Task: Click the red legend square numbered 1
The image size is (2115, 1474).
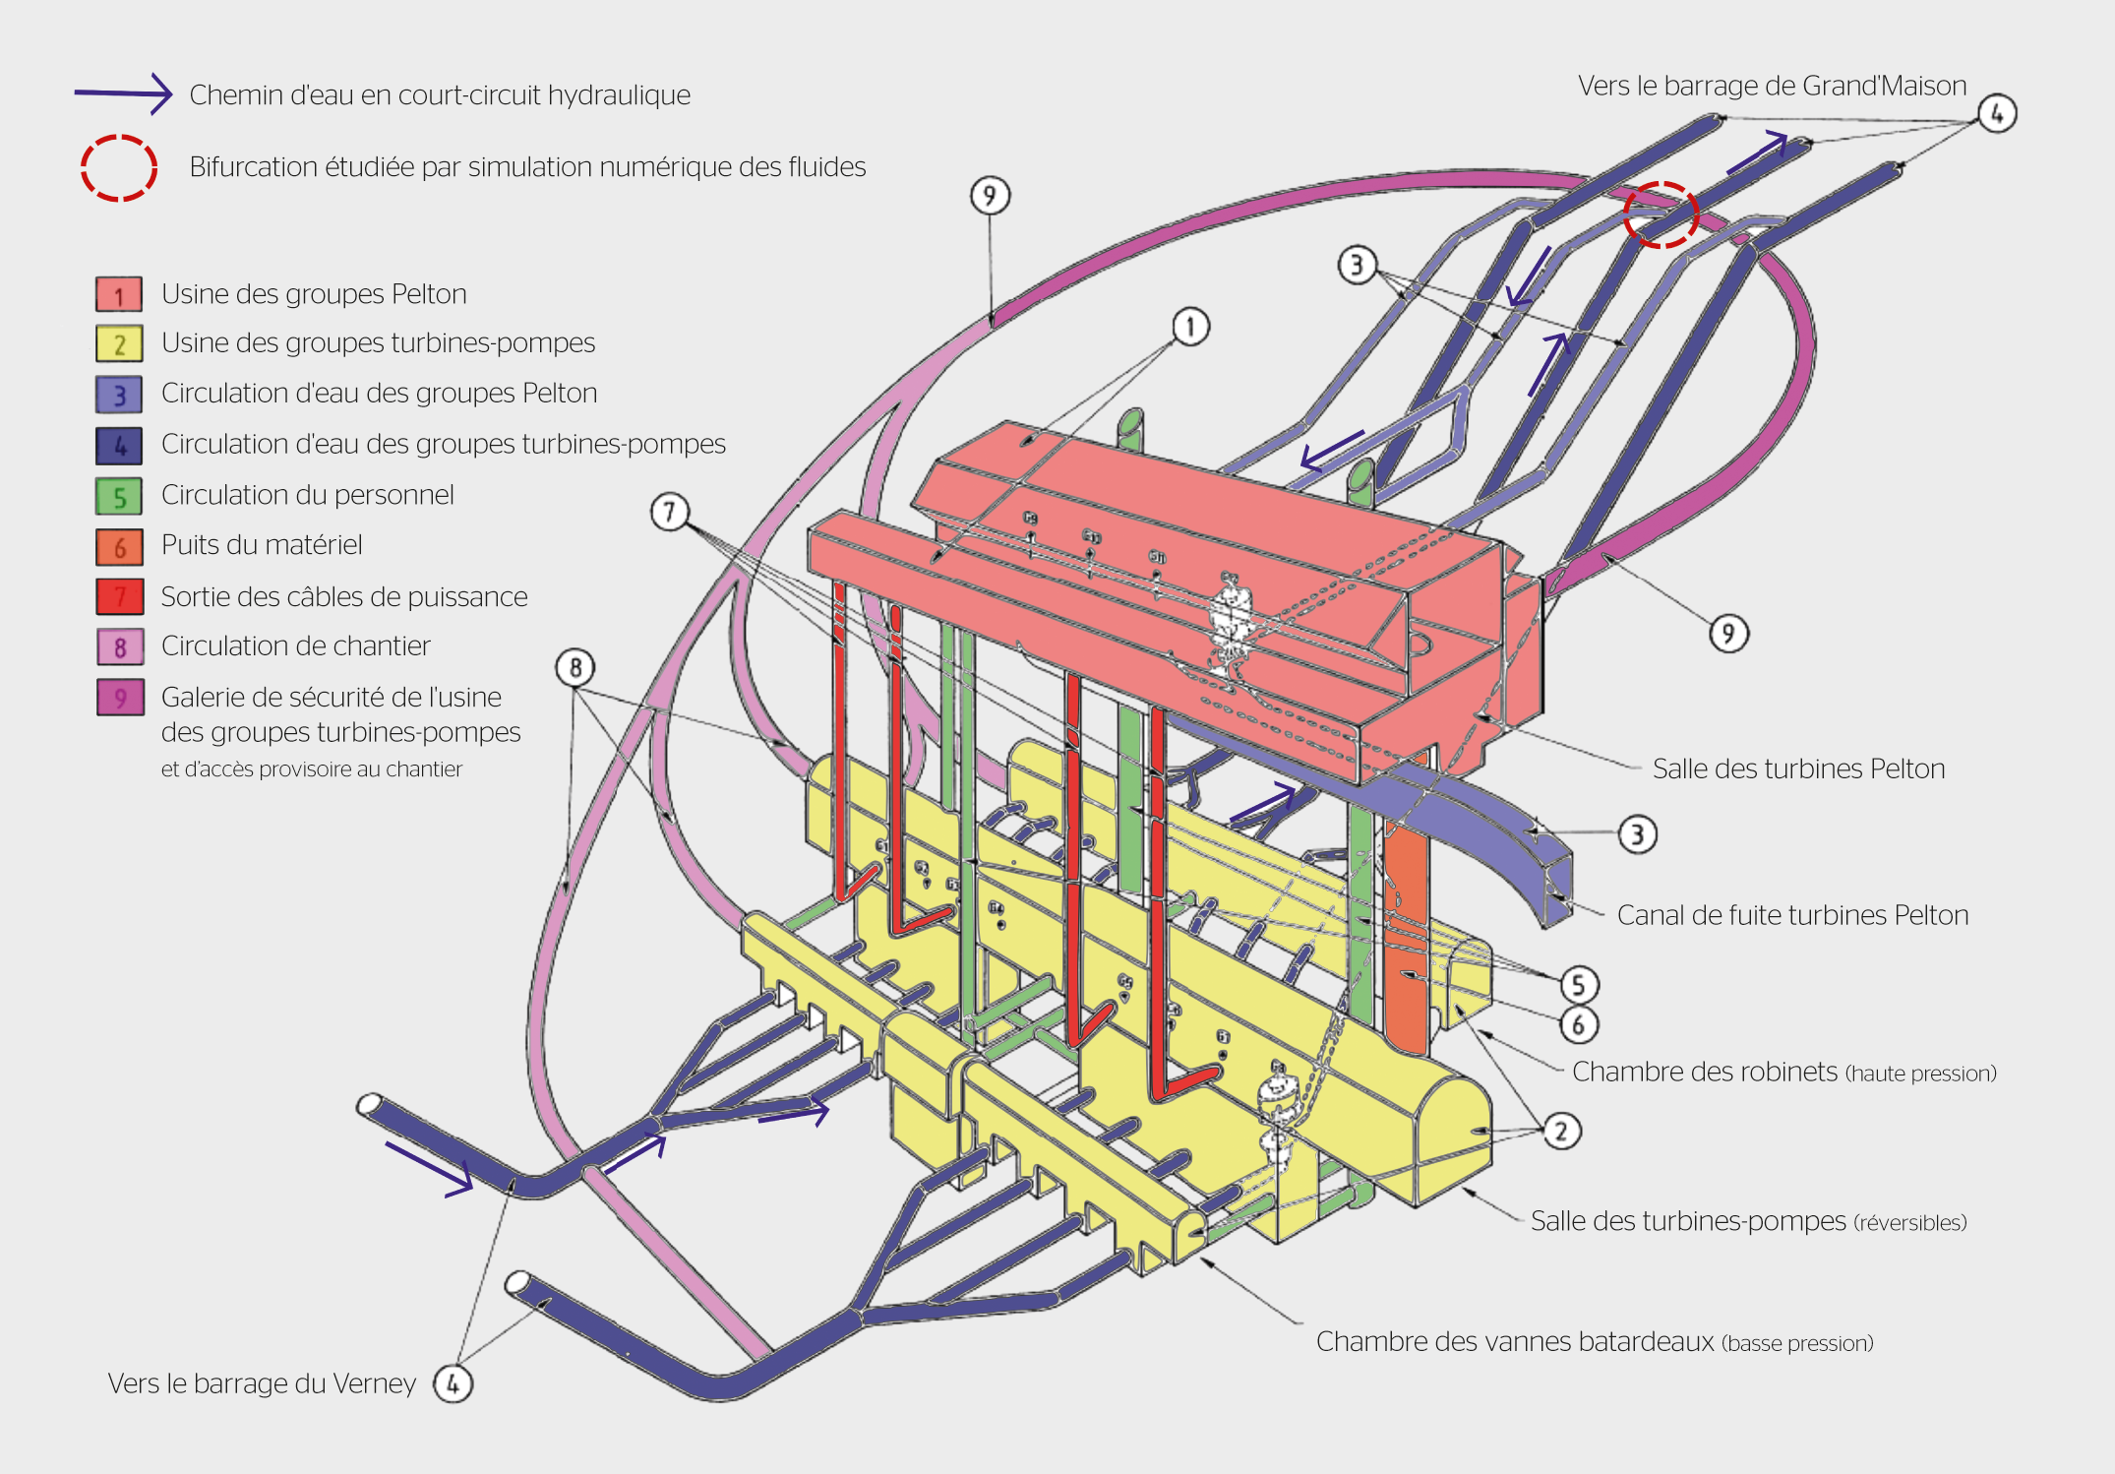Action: (119, 294)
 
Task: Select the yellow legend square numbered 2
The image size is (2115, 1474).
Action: (119, 343)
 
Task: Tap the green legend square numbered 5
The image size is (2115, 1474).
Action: (119, 496)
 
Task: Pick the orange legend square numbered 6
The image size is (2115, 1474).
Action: (119, 546)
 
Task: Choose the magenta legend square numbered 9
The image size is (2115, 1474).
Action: (120, 698)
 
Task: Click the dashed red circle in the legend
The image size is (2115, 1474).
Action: (119, 167)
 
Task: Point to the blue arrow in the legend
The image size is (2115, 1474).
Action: (124, 93)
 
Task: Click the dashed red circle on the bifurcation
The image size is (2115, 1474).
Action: (1661, 214)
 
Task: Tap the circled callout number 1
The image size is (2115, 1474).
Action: (1190, 326)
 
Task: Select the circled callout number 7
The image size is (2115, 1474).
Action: (670, 512)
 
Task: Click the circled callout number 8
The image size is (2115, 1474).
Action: (575, 668)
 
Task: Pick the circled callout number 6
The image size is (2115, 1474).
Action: (1579, 1024)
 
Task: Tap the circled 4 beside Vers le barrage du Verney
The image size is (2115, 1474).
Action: (453, 1383)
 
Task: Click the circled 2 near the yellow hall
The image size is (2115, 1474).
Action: (1561, 1131)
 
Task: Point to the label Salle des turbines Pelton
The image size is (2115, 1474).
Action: (1798, 768)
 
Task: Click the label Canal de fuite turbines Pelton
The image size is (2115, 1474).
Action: (1792, 915)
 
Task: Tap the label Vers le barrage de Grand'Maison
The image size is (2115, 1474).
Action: (1772, 86)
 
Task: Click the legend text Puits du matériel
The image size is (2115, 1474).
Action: (262, 545)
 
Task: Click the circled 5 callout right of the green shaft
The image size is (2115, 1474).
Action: (1578, 984)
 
